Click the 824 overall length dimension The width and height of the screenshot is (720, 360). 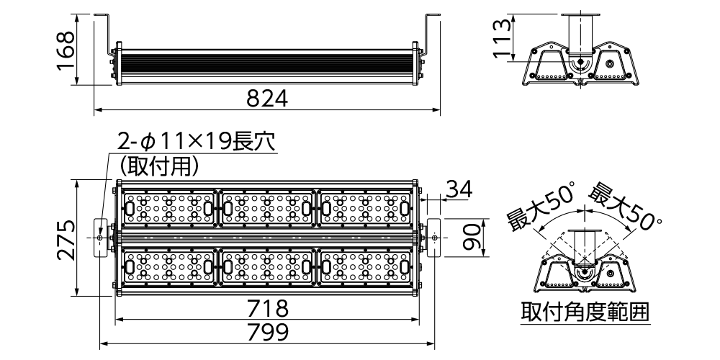(x=267, y=99)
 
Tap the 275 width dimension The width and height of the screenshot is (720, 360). (x=65, y=238)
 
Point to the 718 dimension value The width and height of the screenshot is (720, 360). (x=267, y=309)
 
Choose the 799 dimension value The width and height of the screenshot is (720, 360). (x=267, y=333)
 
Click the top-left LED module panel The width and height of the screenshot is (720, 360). (x=169, y=208)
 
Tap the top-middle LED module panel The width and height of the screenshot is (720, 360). (x=267, y=208)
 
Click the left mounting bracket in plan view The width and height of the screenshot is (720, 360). (x=100, y=237)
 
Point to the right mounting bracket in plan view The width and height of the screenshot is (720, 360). (x=434, y=237)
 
